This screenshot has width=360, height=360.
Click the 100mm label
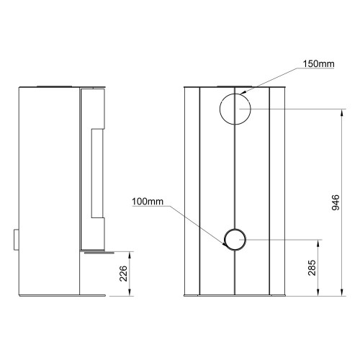pos(148,201)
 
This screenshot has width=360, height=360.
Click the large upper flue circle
pos(235,109)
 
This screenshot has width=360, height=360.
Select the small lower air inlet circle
pos(235,239)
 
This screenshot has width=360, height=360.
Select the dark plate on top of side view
pos(55,86)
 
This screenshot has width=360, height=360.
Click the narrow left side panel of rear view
pos(192,191)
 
